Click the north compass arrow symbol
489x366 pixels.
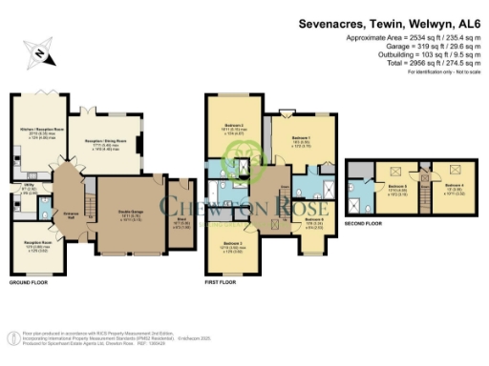point(35,51)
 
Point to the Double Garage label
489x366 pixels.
point(132,213)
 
